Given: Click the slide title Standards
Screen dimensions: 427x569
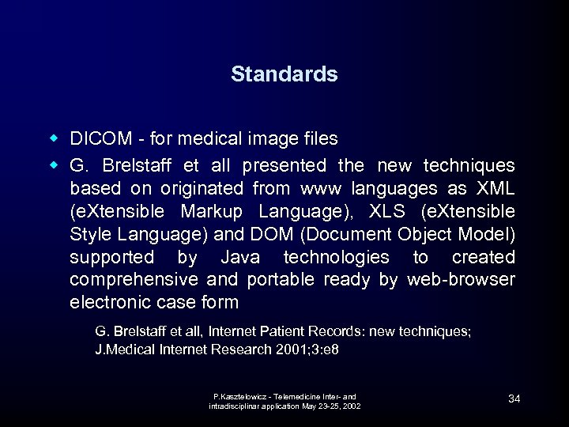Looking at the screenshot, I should pyautogui.click(x=284, y=74).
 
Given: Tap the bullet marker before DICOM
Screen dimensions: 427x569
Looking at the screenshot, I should pyautogui.click(x=54, y=139).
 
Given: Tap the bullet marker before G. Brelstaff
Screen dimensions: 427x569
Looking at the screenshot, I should pyautogui.click(x=54, y=166).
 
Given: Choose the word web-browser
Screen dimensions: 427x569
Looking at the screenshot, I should pyautogui.click(x=462, y=280).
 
